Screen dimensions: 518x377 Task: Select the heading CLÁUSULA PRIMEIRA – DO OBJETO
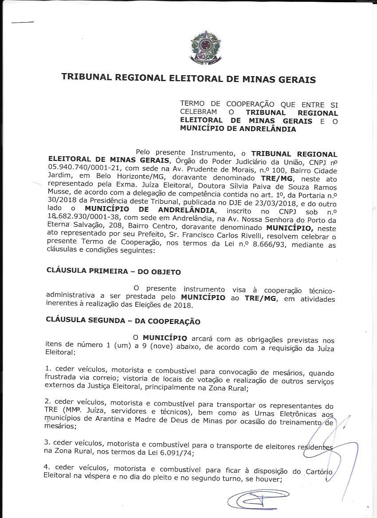pyautogui.click(x=113, y=271)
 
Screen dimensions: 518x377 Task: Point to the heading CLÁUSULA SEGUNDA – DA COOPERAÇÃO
pyautogui.click(x=123, y=322)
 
